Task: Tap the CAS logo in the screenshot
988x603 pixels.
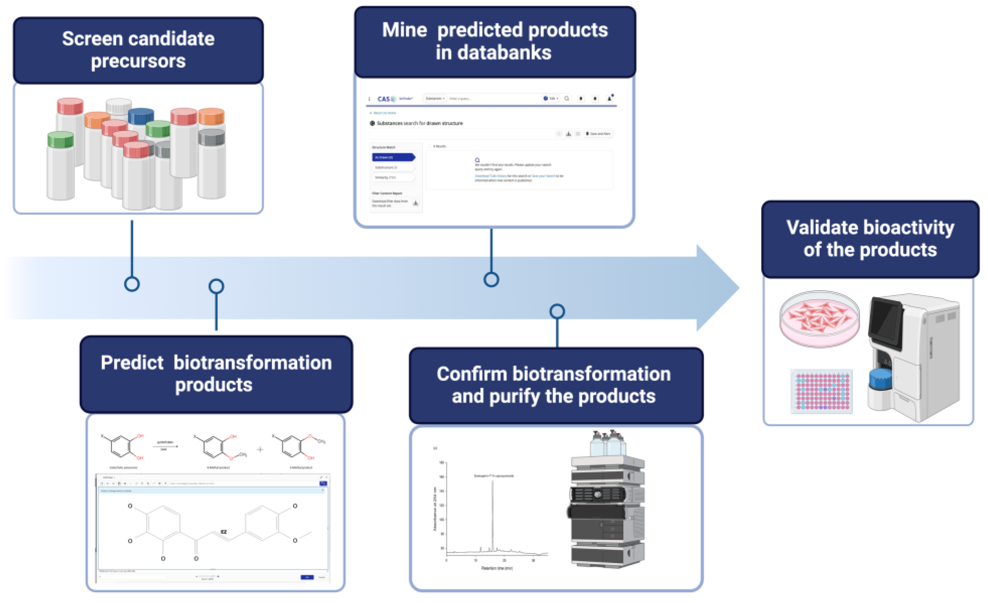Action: pyautogui.click(x=384, y=99)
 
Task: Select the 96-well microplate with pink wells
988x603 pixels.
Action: pyautogui.click(x=822, y=391)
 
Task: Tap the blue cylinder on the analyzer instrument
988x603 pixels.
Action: pyautogui.click(x=880, y=379)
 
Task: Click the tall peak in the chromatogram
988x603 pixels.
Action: pyautogui.click(x=492, y=513)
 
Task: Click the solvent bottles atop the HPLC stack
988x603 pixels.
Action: pyautogui.click(x=607, y=443)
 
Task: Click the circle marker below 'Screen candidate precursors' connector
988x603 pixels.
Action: pyautogui.click(x=132, y=284)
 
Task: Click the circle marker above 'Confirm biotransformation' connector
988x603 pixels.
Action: pyautogui.click(x=557, y=312)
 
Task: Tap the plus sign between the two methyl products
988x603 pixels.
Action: pyautogui.click(x=260, y=449)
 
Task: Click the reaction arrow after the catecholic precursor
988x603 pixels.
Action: pyautogui.click(x=166, y=446)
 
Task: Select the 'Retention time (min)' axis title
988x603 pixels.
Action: pyautogui.click(x=496, y=568)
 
